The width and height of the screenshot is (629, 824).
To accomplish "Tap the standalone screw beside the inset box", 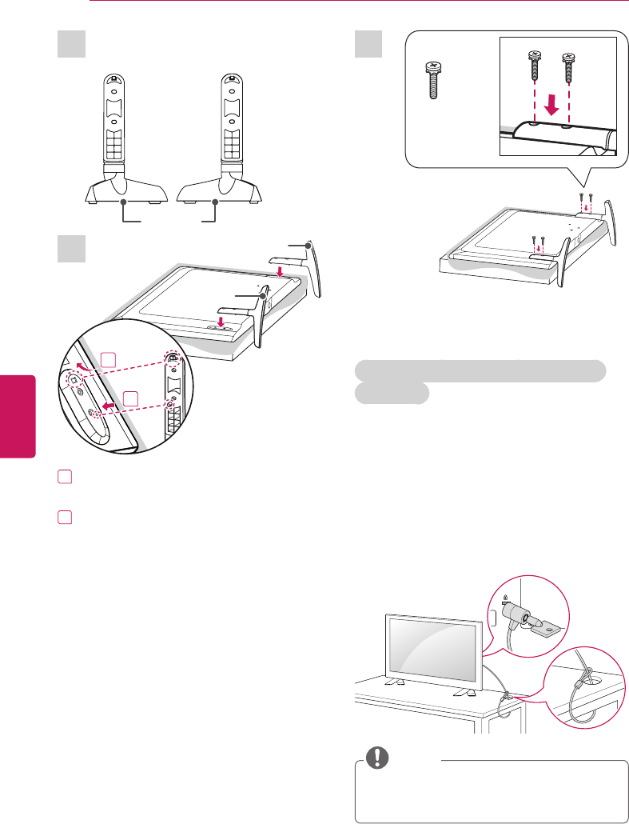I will (430, 82).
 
